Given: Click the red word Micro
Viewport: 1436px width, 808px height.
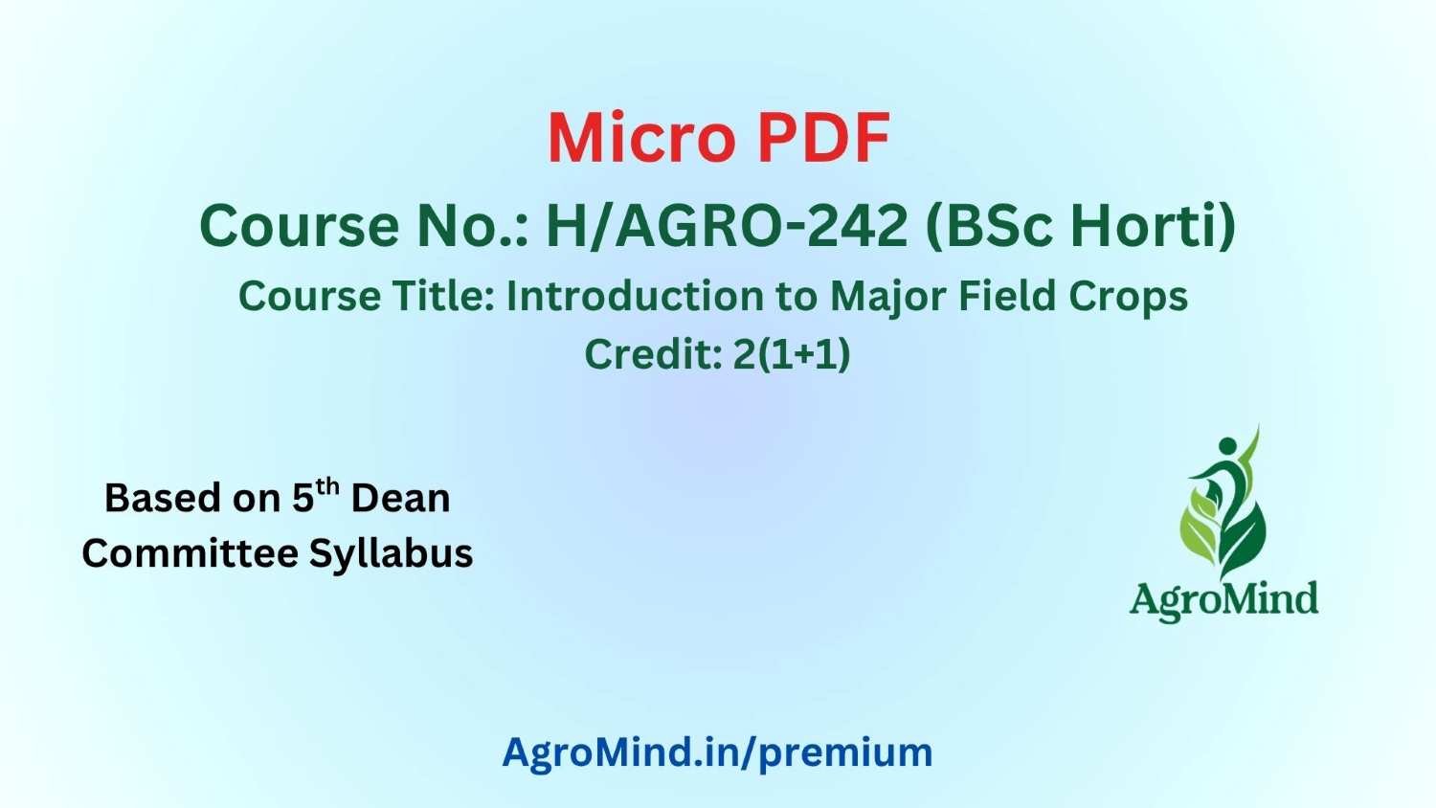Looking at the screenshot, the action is (641, 139).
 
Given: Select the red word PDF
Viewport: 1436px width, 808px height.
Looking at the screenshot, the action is (823, 139).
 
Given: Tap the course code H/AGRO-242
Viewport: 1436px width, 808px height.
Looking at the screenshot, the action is (727, 226).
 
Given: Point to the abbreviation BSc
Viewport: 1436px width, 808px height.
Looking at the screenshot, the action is (992, 226).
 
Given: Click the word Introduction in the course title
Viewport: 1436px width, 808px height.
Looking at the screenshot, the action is (634, 296).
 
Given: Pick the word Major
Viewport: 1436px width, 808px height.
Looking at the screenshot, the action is (888, 298).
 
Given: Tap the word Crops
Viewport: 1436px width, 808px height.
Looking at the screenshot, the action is (1129, 298).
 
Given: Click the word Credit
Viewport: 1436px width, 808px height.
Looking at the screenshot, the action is (655, 353).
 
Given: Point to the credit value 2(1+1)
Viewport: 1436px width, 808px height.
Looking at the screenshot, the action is (792, 354).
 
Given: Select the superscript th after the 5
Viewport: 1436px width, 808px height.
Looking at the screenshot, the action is (327, 487).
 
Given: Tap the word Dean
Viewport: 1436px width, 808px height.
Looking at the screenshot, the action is (401, 498).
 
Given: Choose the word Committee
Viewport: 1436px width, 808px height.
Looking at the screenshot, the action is (191, 552).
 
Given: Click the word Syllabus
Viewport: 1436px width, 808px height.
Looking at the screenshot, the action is (391, 554).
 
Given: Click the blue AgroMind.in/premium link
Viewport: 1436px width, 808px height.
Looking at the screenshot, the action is (717, 752).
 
